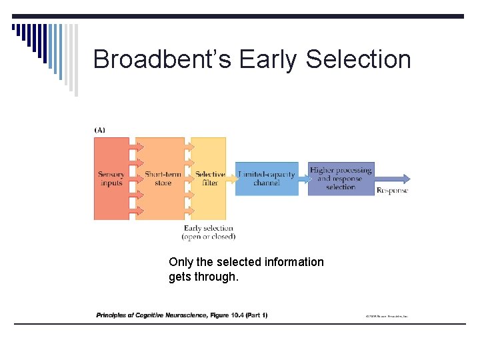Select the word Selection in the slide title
coord(359,59)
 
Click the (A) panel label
coord(99,130)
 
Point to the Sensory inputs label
coord(111,179)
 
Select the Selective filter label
coord(209,179)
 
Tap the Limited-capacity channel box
coord(267,179)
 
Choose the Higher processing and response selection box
coord(341,179)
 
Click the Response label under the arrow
coord(393,191)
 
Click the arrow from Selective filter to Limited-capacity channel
coord(231,176)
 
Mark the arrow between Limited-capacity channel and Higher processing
coord(303,177)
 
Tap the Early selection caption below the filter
coord(209,229)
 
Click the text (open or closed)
coord(209,237)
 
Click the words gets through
coord(203,276)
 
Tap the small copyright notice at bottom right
coord(386,316)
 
